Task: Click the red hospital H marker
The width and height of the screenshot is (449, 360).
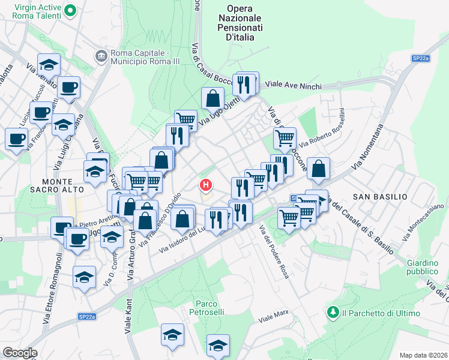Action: [206, 184]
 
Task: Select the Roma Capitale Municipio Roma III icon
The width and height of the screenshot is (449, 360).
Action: [101, 56]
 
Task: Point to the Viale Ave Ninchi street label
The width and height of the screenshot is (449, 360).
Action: [293, 86]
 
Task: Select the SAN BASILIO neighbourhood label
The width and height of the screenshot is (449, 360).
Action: [380, 197]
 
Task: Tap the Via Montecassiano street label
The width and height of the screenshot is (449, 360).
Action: [424, 222]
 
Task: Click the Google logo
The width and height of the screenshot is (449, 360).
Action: [19, 352]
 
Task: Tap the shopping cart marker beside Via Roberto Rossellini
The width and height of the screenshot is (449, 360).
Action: [285, 138]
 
